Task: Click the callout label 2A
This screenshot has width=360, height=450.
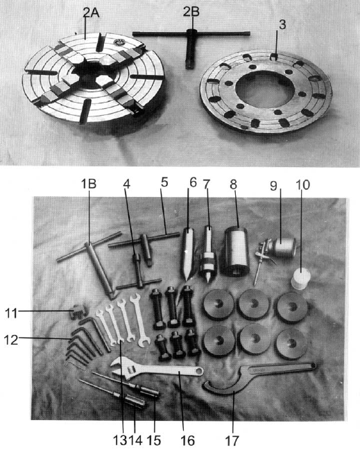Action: point(91,12)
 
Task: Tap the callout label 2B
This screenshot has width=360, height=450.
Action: point(191,12)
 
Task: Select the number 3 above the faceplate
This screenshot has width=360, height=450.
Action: point(282,24)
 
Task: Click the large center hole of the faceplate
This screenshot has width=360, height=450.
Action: point(266,88)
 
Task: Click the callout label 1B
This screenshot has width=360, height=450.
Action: point(88,184)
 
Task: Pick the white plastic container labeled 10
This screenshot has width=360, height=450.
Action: point(301,279)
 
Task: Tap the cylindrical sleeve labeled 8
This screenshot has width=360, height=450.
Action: point(236,252)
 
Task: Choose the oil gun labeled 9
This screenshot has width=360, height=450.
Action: point(275,252)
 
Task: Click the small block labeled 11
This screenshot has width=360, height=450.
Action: point(78,312)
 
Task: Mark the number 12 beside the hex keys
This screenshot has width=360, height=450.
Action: point(12,340)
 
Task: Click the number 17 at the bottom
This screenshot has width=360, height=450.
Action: point(232,440)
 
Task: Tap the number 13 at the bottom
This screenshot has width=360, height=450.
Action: point(120,440)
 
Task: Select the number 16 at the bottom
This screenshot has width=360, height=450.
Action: point(188,440)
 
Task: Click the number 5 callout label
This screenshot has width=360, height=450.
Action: point(164,182)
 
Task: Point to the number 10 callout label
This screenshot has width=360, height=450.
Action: point(302,185)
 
